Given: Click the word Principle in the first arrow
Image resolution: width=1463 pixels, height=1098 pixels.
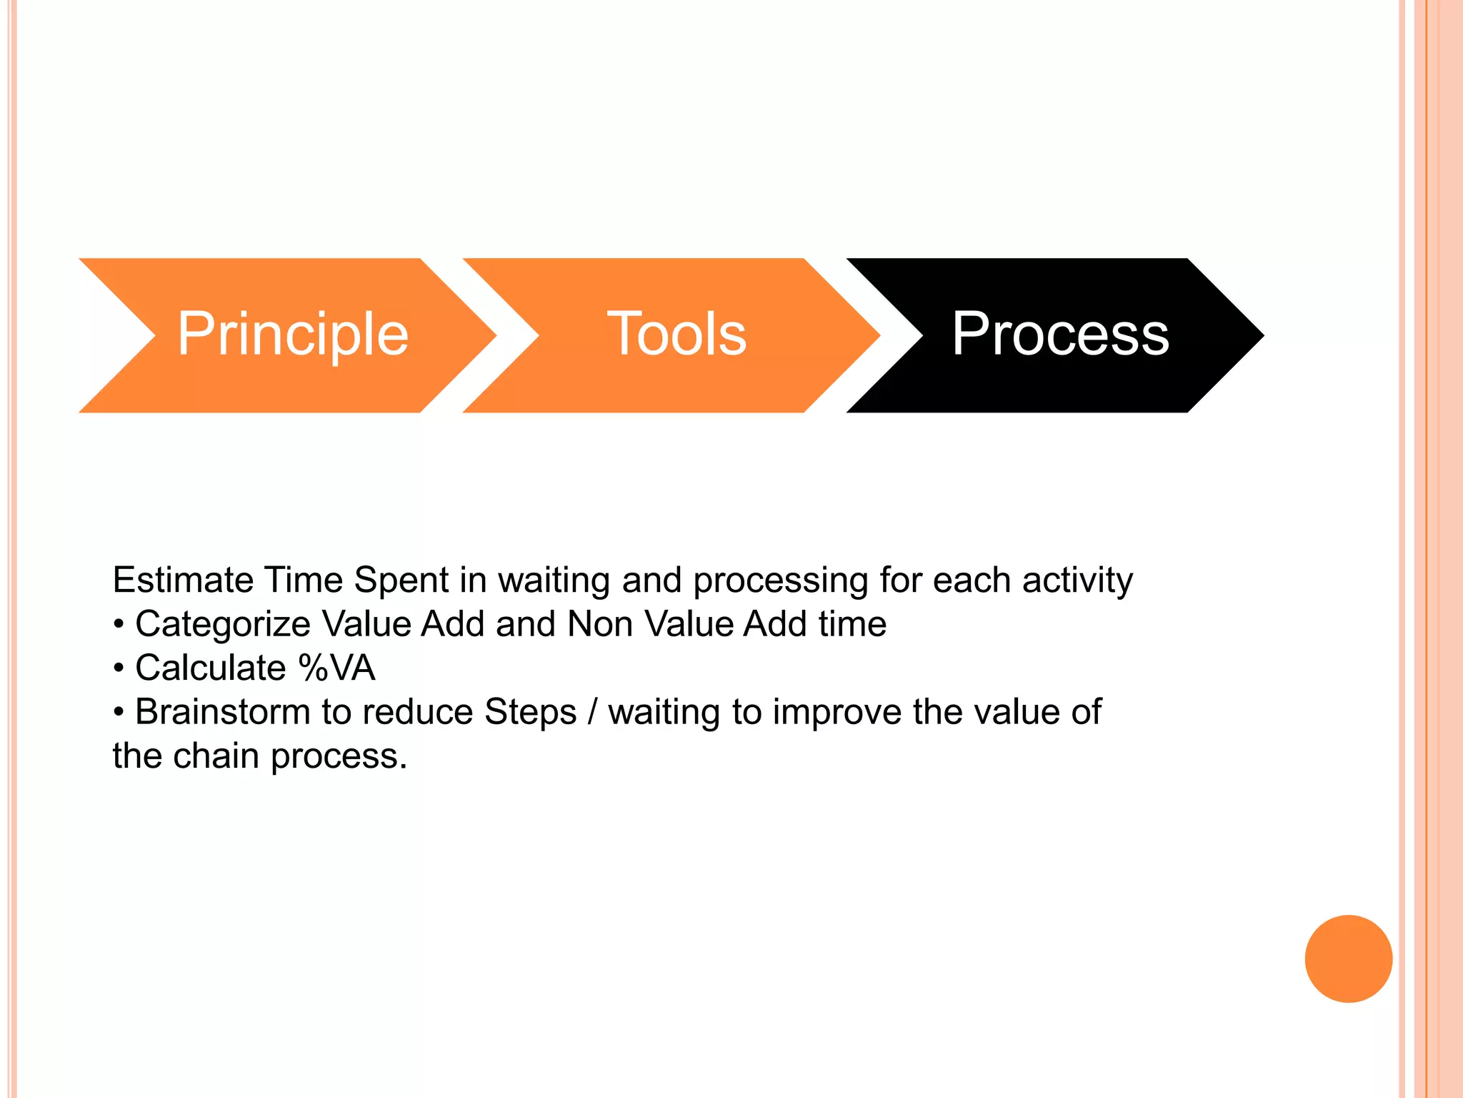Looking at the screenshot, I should [292, 334].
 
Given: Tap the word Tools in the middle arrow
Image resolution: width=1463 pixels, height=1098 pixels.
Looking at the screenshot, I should [676, 334].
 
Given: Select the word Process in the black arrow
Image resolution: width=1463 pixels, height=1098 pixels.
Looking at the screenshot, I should [1060, 334].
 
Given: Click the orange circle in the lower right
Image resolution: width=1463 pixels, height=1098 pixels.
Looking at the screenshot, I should [1348, 959].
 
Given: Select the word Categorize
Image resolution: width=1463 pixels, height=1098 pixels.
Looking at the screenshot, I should [222, 625].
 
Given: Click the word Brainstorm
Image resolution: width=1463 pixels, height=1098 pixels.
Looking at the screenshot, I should [222, 712].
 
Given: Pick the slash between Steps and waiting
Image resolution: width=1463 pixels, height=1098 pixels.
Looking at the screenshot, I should [591, 713].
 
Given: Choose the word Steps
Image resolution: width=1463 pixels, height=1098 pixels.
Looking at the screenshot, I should [530, 713].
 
